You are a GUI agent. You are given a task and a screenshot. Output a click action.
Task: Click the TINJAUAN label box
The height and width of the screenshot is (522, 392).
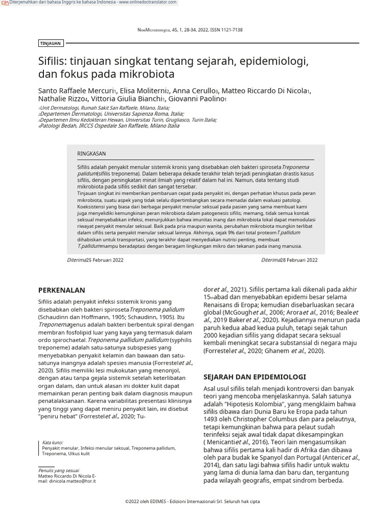51,43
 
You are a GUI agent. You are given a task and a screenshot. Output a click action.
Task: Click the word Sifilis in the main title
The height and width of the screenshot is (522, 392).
52,62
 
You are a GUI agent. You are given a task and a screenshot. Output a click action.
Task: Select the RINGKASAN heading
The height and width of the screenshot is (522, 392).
91,153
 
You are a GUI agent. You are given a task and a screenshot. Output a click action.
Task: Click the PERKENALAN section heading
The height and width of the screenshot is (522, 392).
61,290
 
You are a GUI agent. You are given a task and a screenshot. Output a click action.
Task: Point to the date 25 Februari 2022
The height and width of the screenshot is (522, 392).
105,260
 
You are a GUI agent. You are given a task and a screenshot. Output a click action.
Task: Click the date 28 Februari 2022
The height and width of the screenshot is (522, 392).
299,260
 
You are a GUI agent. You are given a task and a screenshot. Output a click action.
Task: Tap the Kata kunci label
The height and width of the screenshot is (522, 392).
53,442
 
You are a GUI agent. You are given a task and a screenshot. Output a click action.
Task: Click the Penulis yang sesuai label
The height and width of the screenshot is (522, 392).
59,471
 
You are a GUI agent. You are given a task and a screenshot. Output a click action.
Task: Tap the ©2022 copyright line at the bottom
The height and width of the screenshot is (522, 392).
192,502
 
